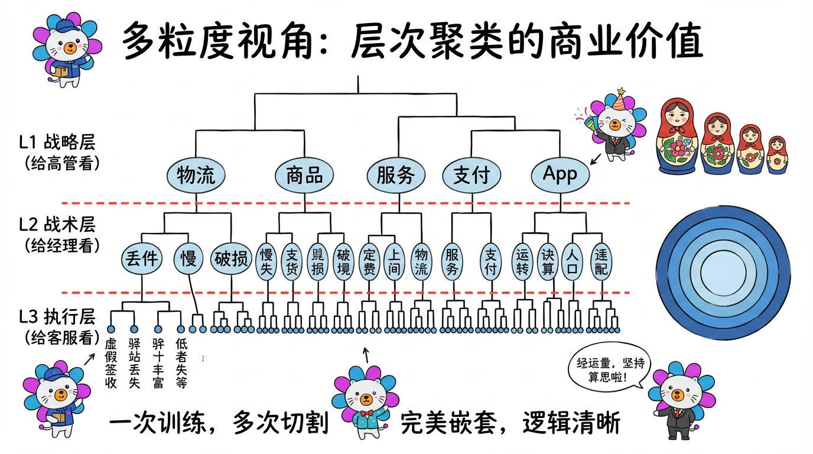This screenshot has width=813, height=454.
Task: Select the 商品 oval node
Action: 304,175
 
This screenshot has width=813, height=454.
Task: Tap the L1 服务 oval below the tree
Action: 396,175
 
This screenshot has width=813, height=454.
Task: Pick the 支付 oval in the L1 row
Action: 471,175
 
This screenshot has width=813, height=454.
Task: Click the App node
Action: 560,174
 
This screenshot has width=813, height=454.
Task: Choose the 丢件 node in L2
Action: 142,259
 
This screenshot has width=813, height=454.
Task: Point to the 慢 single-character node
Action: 188,259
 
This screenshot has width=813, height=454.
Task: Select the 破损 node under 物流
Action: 231,259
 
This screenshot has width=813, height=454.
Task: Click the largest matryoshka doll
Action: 677,137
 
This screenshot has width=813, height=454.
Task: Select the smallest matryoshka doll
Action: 777,155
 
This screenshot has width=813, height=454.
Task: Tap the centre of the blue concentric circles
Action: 723,276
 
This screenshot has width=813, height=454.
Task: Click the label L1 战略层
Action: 57,143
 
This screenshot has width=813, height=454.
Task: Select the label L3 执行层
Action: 57,317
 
